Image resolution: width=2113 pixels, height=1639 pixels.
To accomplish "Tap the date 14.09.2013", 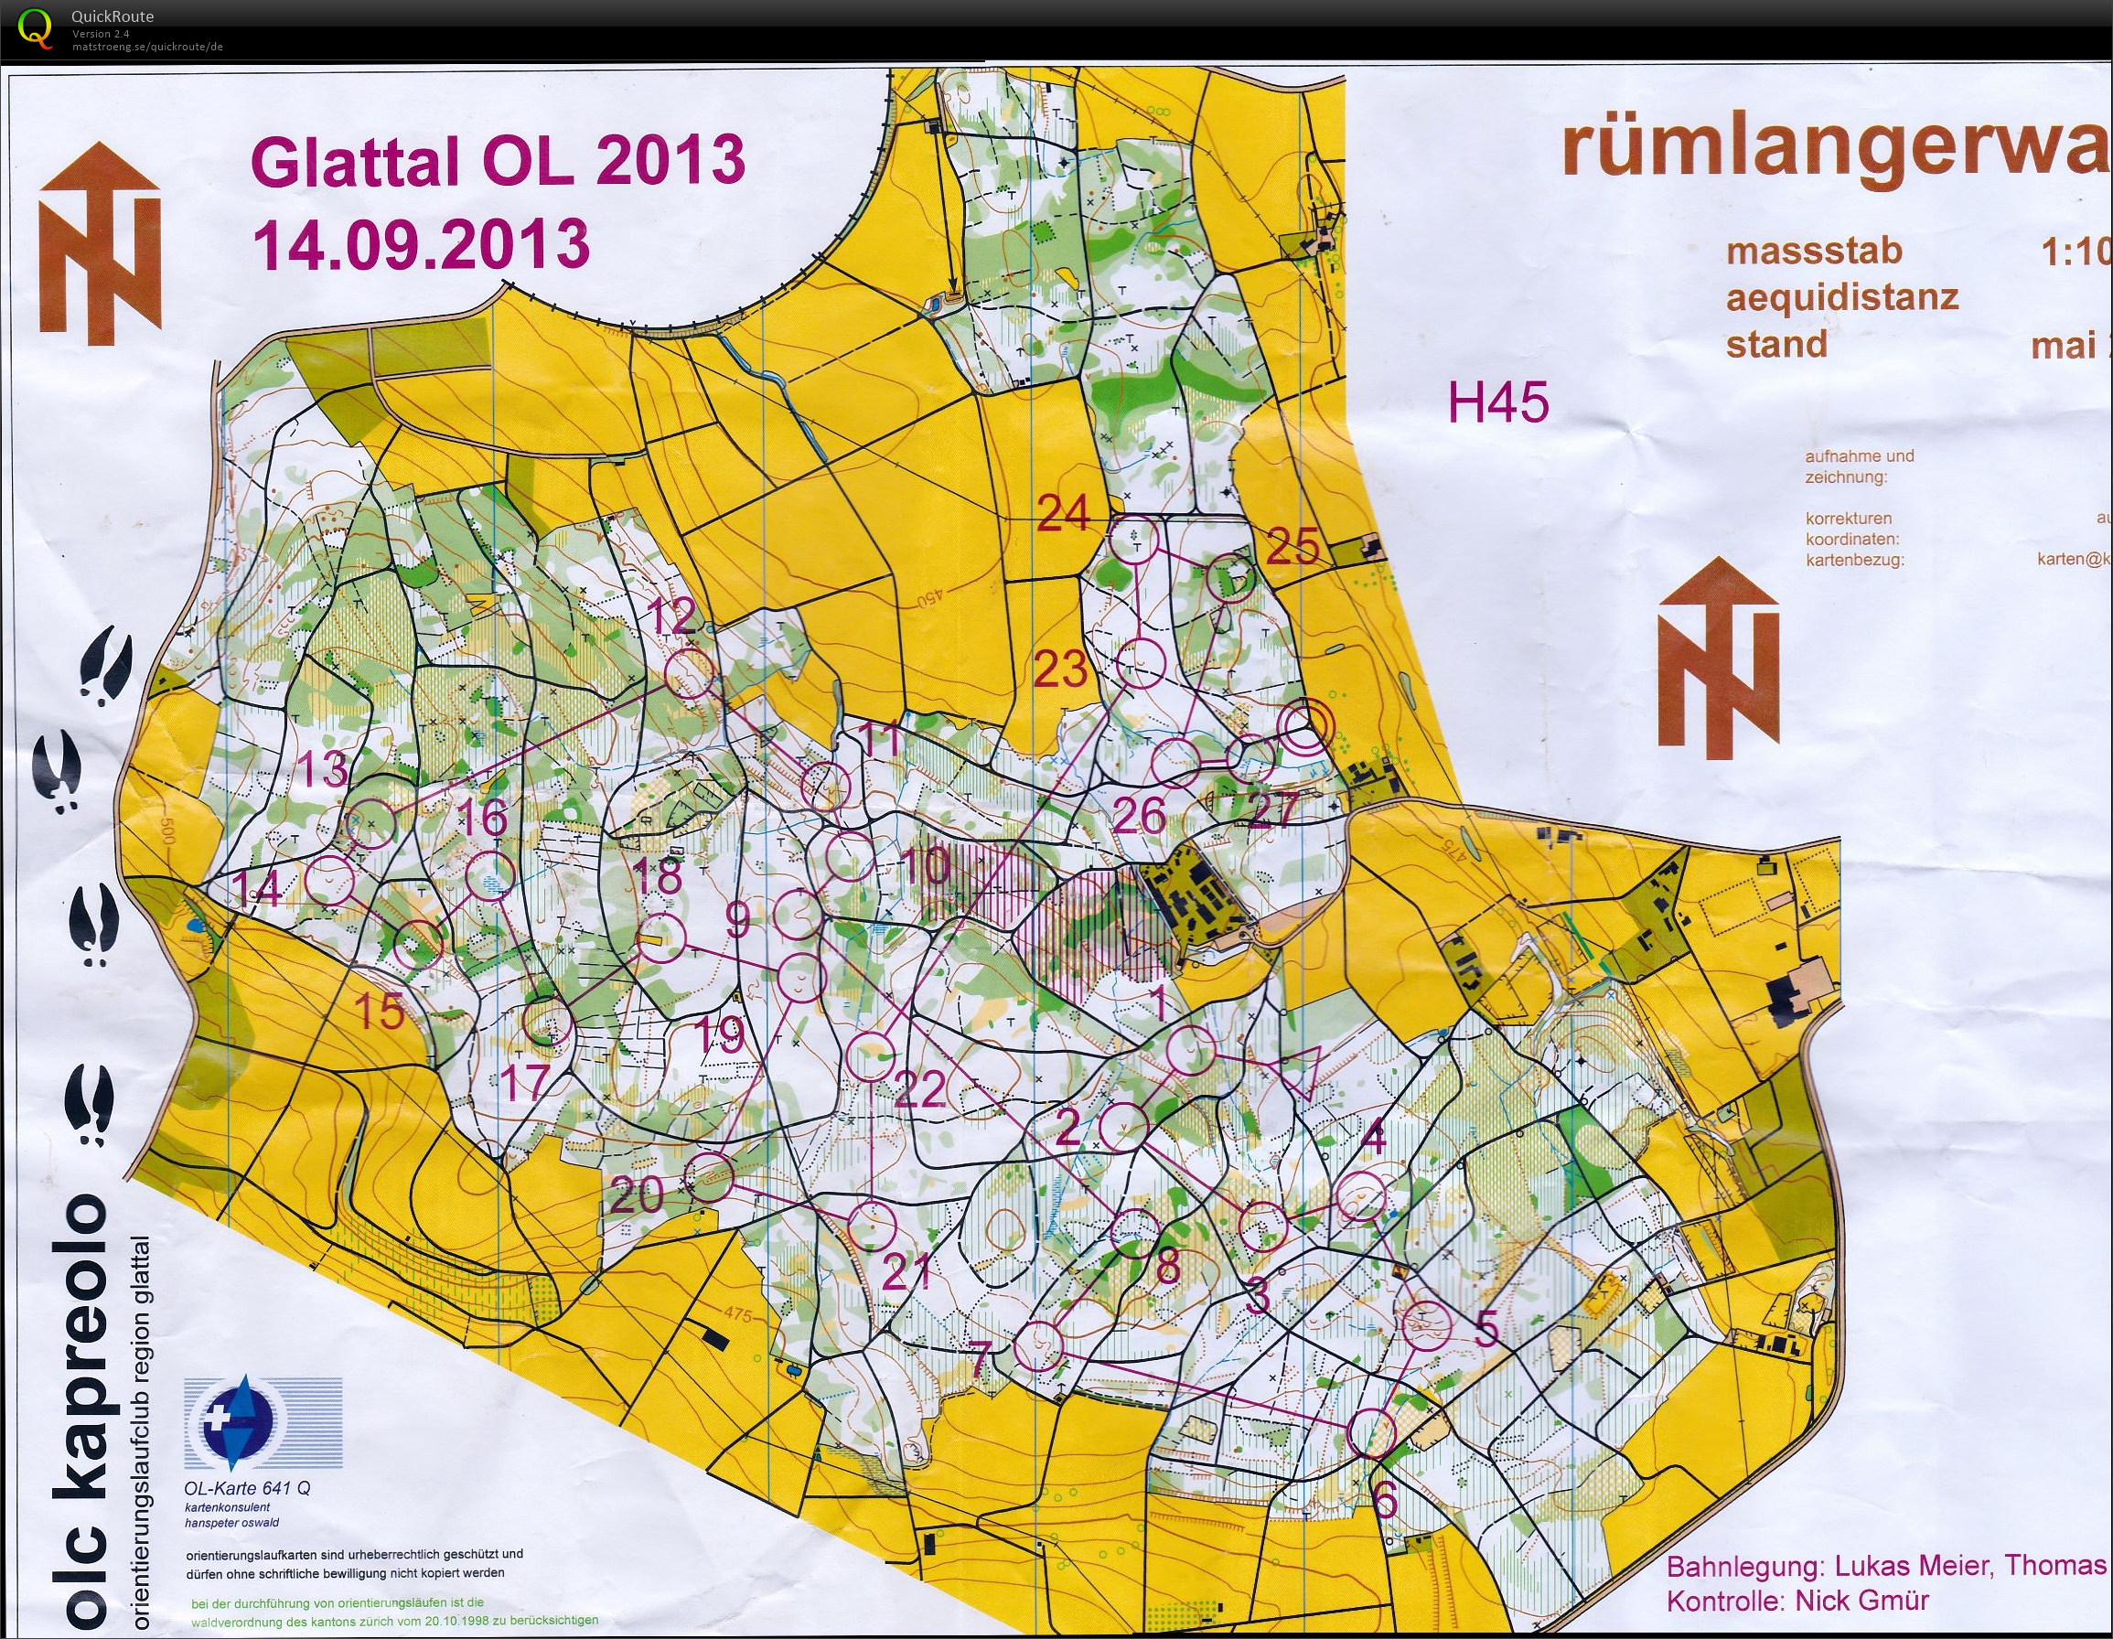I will pyautogui.click(x=421, y=244).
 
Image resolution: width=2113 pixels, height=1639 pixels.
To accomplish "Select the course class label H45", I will pyautogui.click(x=1497, y=402).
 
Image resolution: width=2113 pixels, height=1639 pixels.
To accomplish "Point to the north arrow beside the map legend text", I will pyautogui.click(x=1718, y=658).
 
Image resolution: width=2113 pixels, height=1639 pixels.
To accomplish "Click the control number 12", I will pyautogui.click(x=670, y=616).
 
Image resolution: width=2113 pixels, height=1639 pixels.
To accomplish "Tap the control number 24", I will pyautogui.click(x=1062, y=513).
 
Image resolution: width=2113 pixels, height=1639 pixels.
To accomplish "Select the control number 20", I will pyautogui.click(x=637, y=1196).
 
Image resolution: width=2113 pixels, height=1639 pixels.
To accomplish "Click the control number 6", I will pyautogui.click(x=1386, y=1502).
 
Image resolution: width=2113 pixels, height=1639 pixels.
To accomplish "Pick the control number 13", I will pyautogui.click(x=321, y=769).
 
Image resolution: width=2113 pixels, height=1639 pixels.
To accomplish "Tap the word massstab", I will pyautogui.click(x=1814, y=252).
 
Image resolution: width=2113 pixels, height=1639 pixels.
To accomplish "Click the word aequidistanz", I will pyautogui.click(x=1842, y=297).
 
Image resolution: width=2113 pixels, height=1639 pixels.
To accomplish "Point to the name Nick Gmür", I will pyautogui.click(x=1862, y=1602).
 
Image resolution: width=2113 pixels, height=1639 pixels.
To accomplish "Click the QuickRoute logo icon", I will pyautogui.click(x=36, y=27).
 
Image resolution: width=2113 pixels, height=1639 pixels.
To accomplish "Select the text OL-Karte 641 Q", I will pyautogui.click(x=248, y=1489).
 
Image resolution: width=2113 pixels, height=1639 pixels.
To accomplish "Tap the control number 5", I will pyautogui.click(x=1486, y=1328).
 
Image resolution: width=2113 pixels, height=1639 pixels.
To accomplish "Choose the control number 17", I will pyautogui.click(x=523, y=1081).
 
